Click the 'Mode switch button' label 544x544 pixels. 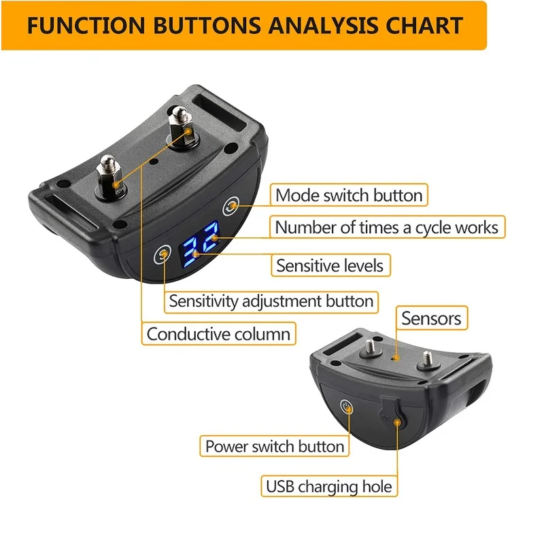[350, 195]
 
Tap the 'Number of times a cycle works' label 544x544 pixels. [387, 227]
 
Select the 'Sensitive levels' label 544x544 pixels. [330, 265]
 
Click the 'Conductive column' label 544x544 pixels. [218, 334]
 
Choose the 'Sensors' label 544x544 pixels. [431, 318]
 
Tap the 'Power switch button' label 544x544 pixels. [275, 446]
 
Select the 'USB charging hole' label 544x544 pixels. [329, 486]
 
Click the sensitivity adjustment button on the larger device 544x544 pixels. [164, 255]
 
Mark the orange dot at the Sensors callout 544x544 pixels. [396, 355]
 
